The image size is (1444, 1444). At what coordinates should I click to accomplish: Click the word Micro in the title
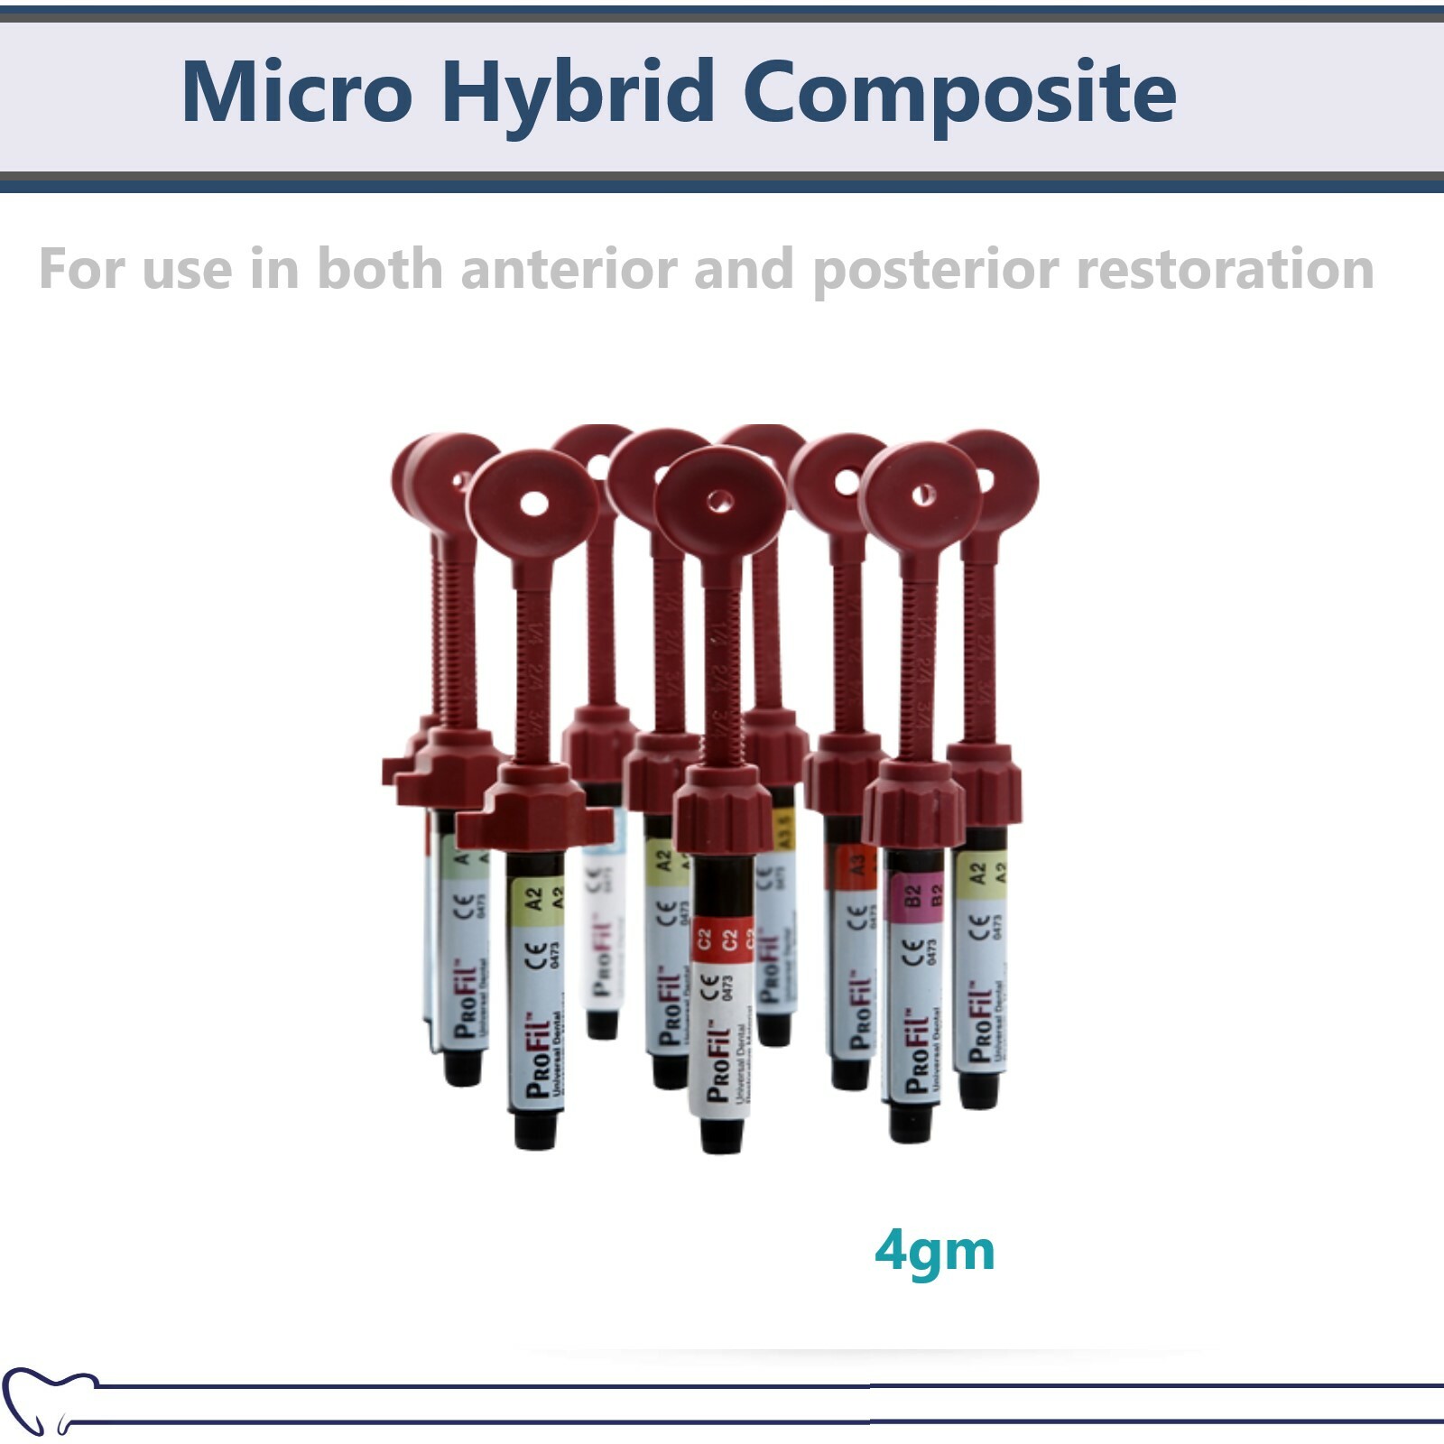297,92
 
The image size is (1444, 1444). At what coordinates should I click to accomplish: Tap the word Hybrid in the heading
578,92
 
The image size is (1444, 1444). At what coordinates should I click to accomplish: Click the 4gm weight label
934,1251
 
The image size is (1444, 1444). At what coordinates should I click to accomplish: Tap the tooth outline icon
45,1398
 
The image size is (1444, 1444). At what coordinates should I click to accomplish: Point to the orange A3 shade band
851,866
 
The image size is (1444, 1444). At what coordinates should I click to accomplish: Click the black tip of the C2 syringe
721,1134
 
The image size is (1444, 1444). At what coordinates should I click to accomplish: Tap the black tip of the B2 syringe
909,1122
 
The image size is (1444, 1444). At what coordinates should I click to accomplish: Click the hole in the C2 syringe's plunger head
719,502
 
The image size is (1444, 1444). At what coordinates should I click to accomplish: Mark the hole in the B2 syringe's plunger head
922,495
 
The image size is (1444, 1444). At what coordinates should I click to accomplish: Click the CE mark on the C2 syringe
710,986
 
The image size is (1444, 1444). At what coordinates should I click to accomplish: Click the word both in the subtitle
380,270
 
